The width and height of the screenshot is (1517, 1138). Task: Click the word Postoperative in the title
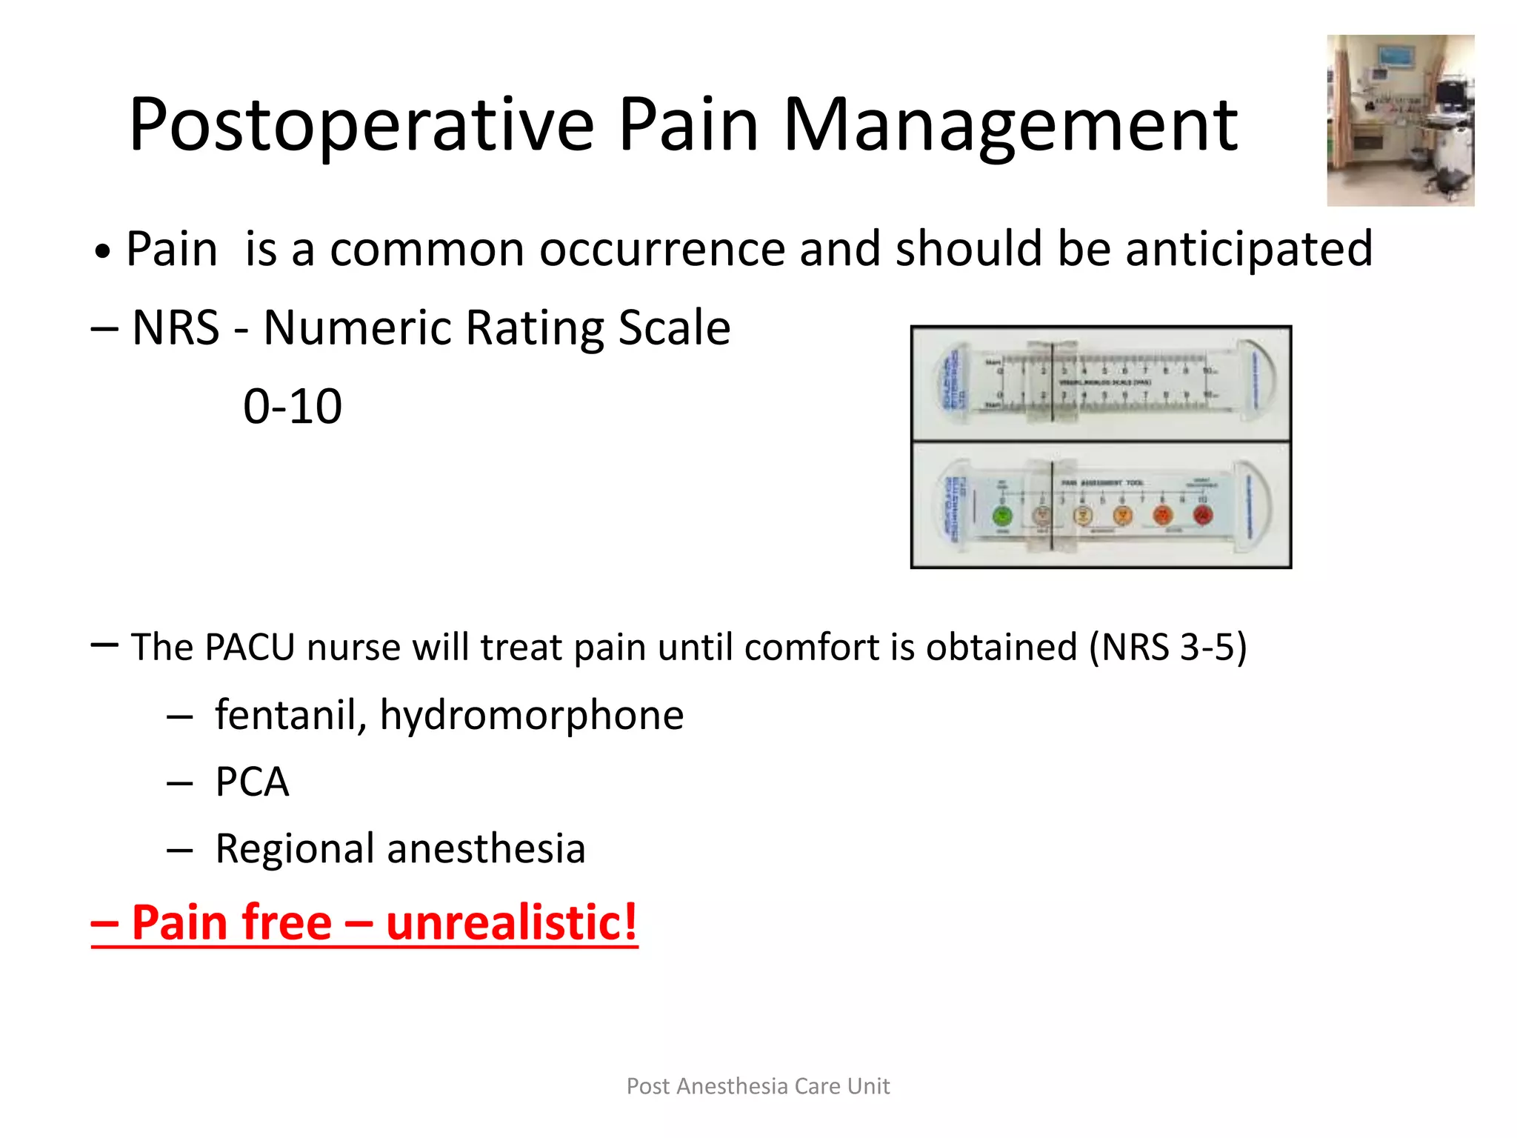(x=361, y=126)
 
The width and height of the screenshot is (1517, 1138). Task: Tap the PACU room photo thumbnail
(x=1400, y=120)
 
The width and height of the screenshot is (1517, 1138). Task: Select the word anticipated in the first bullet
(x=1249, y=250)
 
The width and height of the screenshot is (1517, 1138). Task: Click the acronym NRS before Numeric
(x=176, y=327)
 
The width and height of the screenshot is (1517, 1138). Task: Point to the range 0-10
(x=293, y=407)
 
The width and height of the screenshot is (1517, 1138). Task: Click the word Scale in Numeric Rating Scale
(x=674, y=327)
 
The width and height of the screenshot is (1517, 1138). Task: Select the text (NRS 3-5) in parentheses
(x=1168, y=647)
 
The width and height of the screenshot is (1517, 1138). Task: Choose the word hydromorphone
(x=531, y=716)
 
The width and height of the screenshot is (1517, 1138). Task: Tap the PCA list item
(x=252, y=782)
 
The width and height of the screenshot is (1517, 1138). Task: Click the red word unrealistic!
(x=511, y=922)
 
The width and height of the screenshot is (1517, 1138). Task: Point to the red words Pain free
(x=231, y=922)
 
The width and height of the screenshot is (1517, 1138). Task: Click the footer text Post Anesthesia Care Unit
(x=758, y=1086)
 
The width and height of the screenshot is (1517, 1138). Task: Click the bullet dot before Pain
(x=102, y=253)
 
